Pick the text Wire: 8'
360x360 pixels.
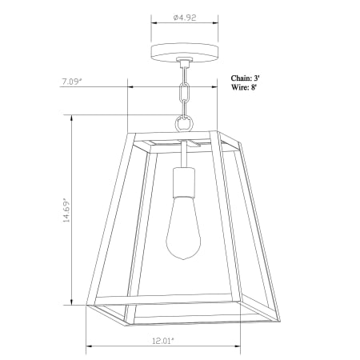[x=245, y=88]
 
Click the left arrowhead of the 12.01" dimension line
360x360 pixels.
[x=89, y=346]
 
